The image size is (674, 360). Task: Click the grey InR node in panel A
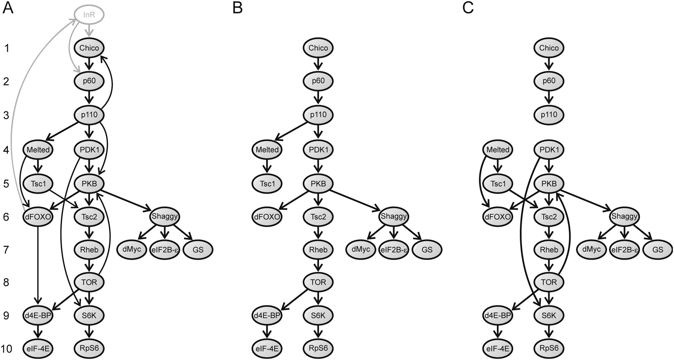coord(89,15)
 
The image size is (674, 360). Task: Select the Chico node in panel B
coord(318,48)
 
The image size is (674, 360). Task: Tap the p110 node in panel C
coord(549,115)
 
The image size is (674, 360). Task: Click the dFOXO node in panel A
coord(38,217)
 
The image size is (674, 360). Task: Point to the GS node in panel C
coord(658,250)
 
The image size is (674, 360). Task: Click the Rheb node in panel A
coord(89,250)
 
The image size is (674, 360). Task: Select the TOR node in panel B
coord(318,282)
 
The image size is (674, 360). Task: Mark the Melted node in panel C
coord(497,150)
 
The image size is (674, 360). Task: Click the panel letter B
coord(237,8)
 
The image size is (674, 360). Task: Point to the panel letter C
coord(468,8)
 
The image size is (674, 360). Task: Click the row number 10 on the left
coord(6,349)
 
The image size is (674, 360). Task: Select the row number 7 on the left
coord(6,250)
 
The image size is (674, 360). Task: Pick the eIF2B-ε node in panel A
coord(165,250)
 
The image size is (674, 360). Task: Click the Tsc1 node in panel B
coord(267,184)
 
